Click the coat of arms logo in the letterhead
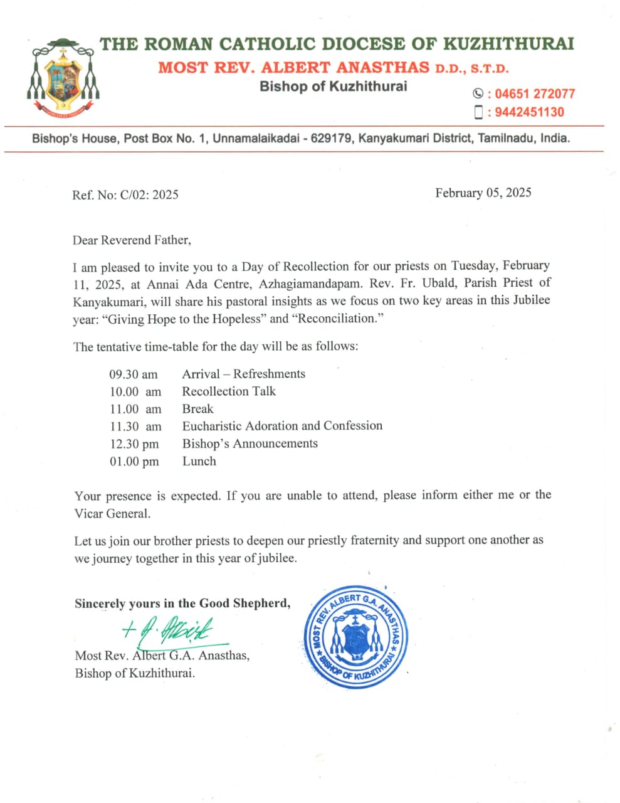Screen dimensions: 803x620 click(63, 78)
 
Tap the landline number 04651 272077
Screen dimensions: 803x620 click(535, 94)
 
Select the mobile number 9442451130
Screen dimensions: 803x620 click(529, 112)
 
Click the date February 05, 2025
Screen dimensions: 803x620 click(483, 193)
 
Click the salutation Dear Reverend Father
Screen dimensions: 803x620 click(132, 240)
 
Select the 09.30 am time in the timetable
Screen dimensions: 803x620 click(134, 375)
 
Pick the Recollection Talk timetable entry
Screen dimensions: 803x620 click(229, 391)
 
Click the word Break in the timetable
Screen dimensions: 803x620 click(197, 409)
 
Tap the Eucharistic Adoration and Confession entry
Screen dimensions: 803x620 click(282, 426)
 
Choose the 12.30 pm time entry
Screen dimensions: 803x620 click(134, 444)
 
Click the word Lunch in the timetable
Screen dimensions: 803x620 click(199, 461)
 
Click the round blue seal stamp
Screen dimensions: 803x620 click(355, 637)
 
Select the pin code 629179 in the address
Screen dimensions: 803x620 click(331, 138)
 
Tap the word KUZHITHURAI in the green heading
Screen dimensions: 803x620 click(508, 44)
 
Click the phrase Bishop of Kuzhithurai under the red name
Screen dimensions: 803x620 click(333, 87)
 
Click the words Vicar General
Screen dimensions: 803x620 click(112, 513)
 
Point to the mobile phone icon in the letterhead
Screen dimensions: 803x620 click(478, 112)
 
